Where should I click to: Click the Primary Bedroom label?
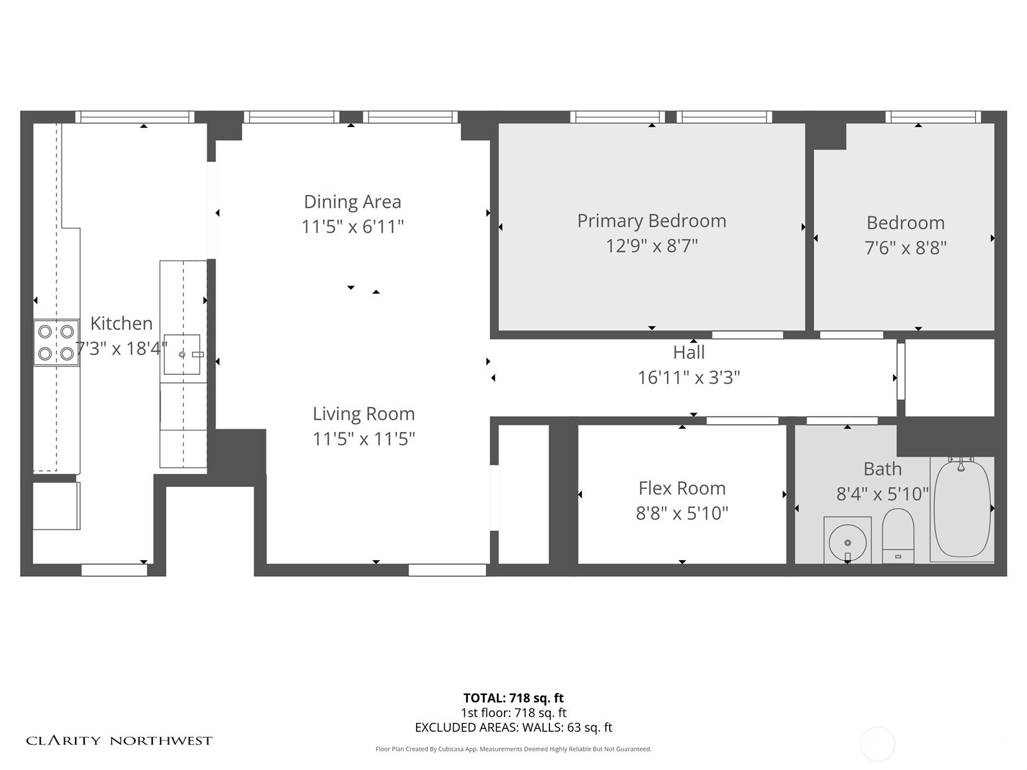tap(652, 221)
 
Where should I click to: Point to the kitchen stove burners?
tap(56, 343)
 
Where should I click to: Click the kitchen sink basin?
tap(182, 354)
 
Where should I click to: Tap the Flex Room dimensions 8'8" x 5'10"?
tap(682, 513)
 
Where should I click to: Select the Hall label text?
tap(689, 352)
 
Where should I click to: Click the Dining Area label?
tap(352, 201)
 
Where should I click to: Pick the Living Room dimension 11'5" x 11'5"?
tap(363, 439)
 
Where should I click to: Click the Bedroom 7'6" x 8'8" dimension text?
tap(905, 248)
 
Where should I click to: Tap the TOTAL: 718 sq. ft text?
tap(513, 698)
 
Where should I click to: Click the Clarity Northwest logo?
tap(119, 740)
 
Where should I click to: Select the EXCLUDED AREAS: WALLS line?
tap(513, 728)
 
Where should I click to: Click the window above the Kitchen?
tap(135, 117)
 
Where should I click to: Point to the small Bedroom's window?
tap(933, 117)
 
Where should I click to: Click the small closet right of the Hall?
tap(949, 377)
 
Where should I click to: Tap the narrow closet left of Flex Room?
tap(523, 494)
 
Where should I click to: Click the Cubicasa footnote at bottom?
tap(513, 749)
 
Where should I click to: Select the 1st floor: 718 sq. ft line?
tap(513, 713)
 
